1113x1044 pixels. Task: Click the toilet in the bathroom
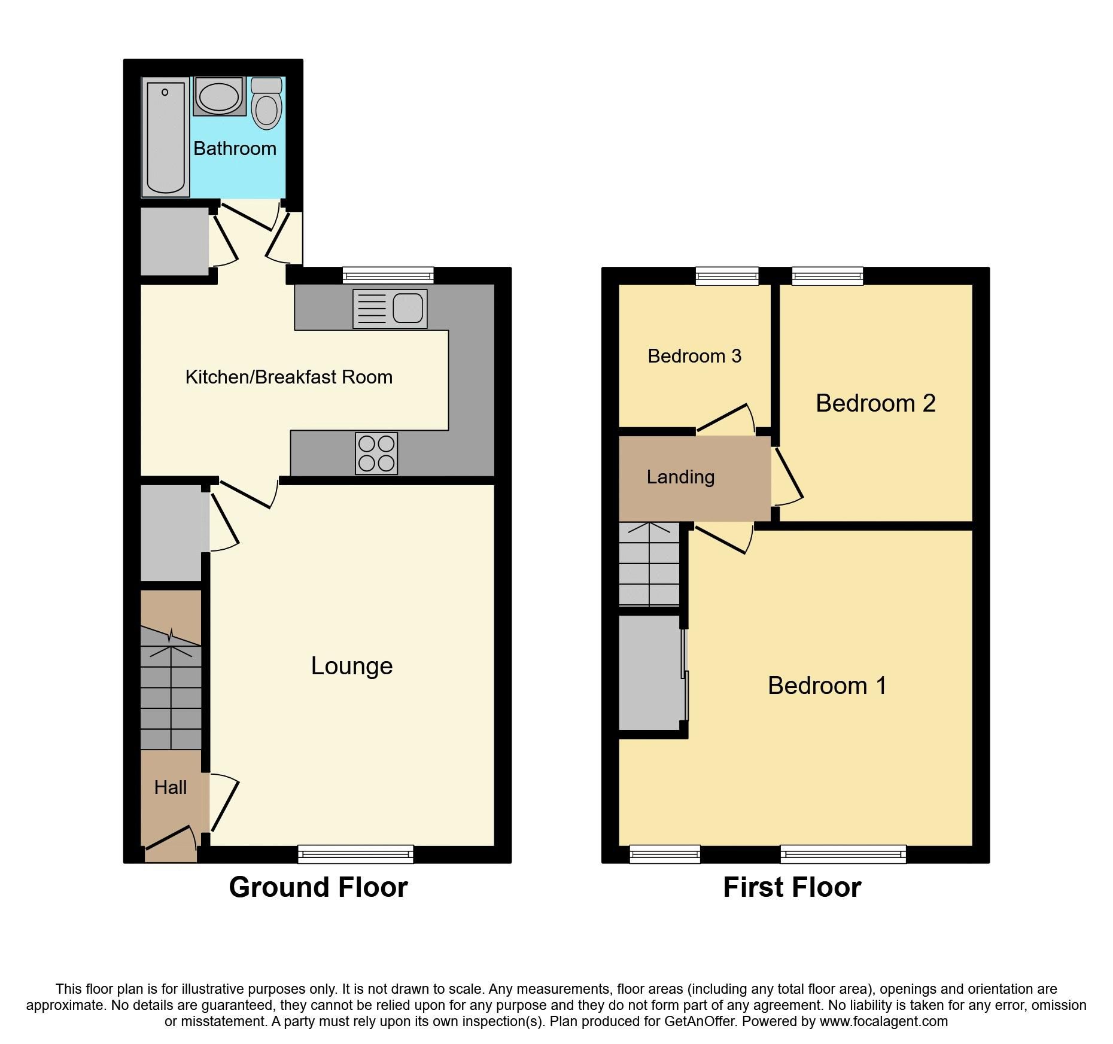[x=266, y=105]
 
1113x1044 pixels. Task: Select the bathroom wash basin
[x=219, y=97]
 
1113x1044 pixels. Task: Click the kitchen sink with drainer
[x=390, y=309]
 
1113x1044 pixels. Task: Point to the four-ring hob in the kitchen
[x=376, y=453]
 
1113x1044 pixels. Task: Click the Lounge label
[x=352, y=666]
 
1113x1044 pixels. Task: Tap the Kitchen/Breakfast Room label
[x=289, y=377]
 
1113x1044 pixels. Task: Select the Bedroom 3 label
[x=694, y=356]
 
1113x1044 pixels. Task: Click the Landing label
[x=680, y=477]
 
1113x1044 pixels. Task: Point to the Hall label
[x=171, y=787]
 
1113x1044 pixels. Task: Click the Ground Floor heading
[x=318, y=887]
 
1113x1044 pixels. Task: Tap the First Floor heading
[x=792, y=887]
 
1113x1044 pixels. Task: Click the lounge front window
[x=355, y=854]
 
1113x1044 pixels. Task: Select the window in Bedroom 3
[x=727, y=276]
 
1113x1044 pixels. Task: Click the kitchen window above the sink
[x=388, y=276]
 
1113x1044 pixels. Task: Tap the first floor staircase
[x=649, y=564]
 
